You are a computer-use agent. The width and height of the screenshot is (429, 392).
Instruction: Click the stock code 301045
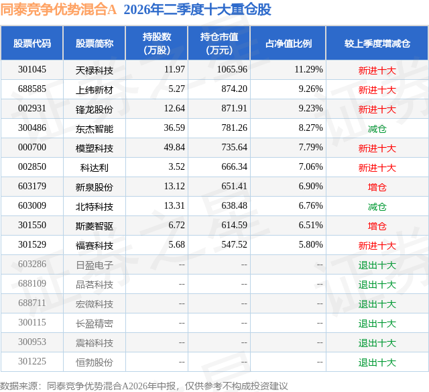point(32,70)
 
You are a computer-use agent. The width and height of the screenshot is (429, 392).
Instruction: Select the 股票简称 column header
point(95,44)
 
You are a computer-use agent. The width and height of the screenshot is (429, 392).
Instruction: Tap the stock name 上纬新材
point(95,90)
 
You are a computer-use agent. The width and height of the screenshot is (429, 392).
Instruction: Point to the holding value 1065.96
point(232,70)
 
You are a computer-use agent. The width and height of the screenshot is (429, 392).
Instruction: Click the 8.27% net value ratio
point(310,128)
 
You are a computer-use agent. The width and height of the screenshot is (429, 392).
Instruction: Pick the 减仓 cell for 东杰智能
point(377,129)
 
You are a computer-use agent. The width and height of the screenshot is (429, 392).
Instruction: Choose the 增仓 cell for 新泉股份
point(377,187)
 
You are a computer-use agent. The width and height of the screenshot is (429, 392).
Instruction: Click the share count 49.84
point(174,148)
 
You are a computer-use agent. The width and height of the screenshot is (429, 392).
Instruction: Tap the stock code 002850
point(32,167)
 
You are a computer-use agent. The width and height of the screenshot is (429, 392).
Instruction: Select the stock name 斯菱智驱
point(95,226)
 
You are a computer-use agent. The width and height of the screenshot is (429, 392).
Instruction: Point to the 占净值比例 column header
point(288,44)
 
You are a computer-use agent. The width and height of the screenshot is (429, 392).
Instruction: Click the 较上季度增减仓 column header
point(377,44)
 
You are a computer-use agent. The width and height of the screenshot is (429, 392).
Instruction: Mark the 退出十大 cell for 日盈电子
point(377,265)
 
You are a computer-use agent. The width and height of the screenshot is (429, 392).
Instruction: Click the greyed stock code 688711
point(32,303)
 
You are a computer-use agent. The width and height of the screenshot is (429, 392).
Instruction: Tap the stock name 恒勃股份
point(95,362)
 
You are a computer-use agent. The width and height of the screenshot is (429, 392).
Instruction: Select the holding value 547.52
point(234,244)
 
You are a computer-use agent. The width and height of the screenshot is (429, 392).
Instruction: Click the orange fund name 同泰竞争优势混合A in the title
point(58,9)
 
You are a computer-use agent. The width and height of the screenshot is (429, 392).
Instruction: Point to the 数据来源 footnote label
point(18,386)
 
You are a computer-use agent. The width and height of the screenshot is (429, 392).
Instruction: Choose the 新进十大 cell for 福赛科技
point(377,246)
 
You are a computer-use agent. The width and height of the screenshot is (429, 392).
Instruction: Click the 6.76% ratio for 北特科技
point(310,205)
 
